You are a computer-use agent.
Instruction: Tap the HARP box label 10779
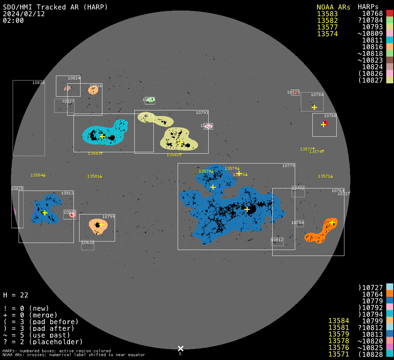pos(288,166)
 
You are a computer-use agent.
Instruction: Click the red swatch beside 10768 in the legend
pos(389,13)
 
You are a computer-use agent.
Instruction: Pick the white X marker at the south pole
pos(180,348)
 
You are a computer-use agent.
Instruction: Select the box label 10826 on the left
pos(38,83)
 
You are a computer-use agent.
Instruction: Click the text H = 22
pos(15,295)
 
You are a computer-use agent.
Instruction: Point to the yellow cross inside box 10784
pos(314,107)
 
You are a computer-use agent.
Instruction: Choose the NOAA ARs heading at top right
pos(333,7)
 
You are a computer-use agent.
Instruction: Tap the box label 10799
pos(108,217)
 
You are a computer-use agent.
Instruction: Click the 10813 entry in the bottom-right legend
pos(373,334)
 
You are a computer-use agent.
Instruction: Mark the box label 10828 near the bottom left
pos(88,243)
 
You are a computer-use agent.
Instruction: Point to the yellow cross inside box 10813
pos(45,213)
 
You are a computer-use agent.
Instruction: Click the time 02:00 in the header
pos(13,20)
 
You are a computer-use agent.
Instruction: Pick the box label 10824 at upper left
pos(74,78)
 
